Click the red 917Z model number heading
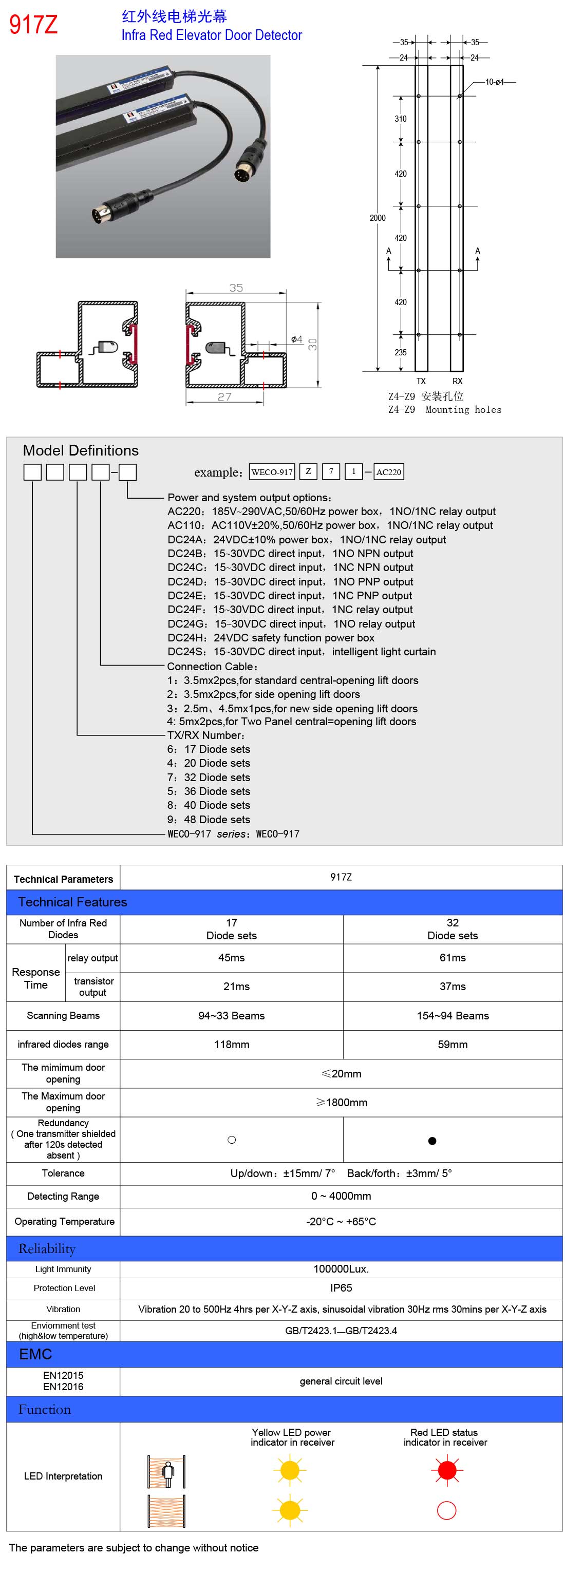[x=33, y=25]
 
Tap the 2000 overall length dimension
[x=377, y=218]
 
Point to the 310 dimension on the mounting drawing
[x=401, y=119]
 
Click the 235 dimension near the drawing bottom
[x=401, y=352]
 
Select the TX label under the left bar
[x=421, y=382]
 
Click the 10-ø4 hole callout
[x=495, y=82]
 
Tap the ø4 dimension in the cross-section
[x=297, y=339]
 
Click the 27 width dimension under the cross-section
[x=224, y=397]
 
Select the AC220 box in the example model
[x=389, y=472]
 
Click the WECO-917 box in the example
[x=272, y=472]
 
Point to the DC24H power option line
[x=271, y=638]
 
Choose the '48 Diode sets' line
[x=209, y=820]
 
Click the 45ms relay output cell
[x=231, y=958]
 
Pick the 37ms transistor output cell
[x=453, y=987]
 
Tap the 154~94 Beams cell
[x=453, y=1015]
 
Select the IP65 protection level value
[x=341, y=1288]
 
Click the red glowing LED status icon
[x=446, y=1471]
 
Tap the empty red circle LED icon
[x=446, y=1510]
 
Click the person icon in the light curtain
[x=167, y=1473]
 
